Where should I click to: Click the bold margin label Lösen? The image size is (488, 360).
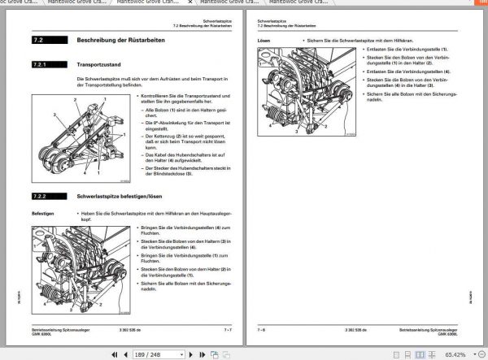(263, 38)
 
